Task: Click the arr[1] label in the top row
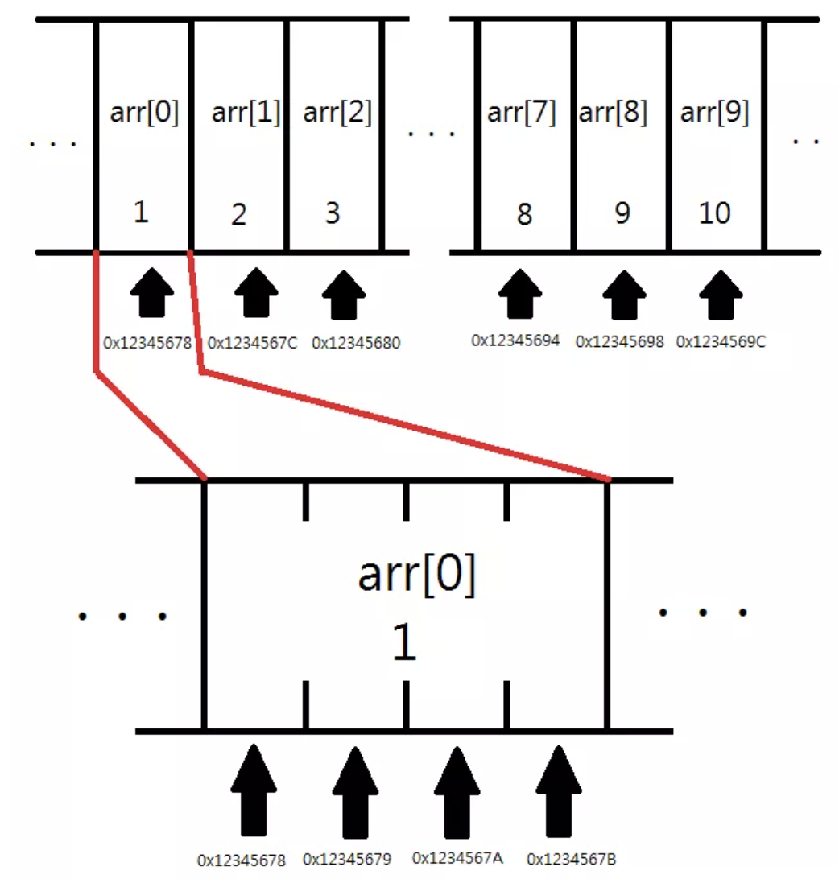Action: [246, 112]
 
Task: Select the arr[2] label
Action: [337, 112]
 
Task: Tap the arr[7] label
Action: [522, 112]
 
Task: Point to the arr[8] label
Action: [613, 112]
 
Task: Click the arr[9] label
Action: [714, 112]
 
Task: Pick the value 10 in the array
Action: [714, 213]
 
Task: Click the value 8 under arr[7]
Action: [524, 214]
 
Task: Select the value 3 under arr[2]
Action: [333, 213]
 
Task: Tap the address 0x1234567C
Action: [252, 343]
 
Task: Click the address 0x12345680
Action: [356, 343]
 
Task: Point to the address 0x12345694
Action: [515, 340]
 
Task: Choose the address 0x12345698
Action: [620, 341]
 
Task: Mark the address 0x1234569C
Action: [721, 341]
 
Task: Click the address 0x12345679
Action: [347, 859]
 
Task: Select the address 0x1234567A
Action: [457, 858]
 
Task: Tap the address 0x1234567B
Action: [572, 859]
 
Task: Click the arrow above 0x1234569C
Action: [721, 295]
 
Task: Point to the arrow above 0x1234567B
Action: [559, 791]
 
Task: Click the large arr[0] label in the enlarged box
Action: [417, 574]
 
